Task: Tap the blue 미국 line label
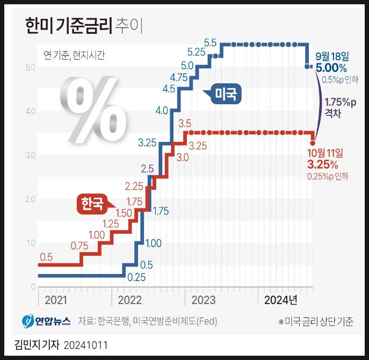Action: pos(226,95)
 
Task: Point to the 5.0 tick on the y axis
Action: pos(30,68)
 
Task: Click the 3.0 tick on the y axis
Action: pos(30,156)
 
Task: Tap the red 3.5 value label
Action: pos(185,124)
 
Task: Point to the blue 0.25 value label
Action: pos(137,277)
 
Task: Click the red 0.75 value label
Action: pos(79,246)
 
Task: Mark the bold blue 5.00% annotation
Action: pos(331,68)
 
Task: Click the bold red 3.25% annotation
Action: pos(322,164)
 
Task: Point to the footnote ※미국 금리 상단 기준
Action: pos(316,322)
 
